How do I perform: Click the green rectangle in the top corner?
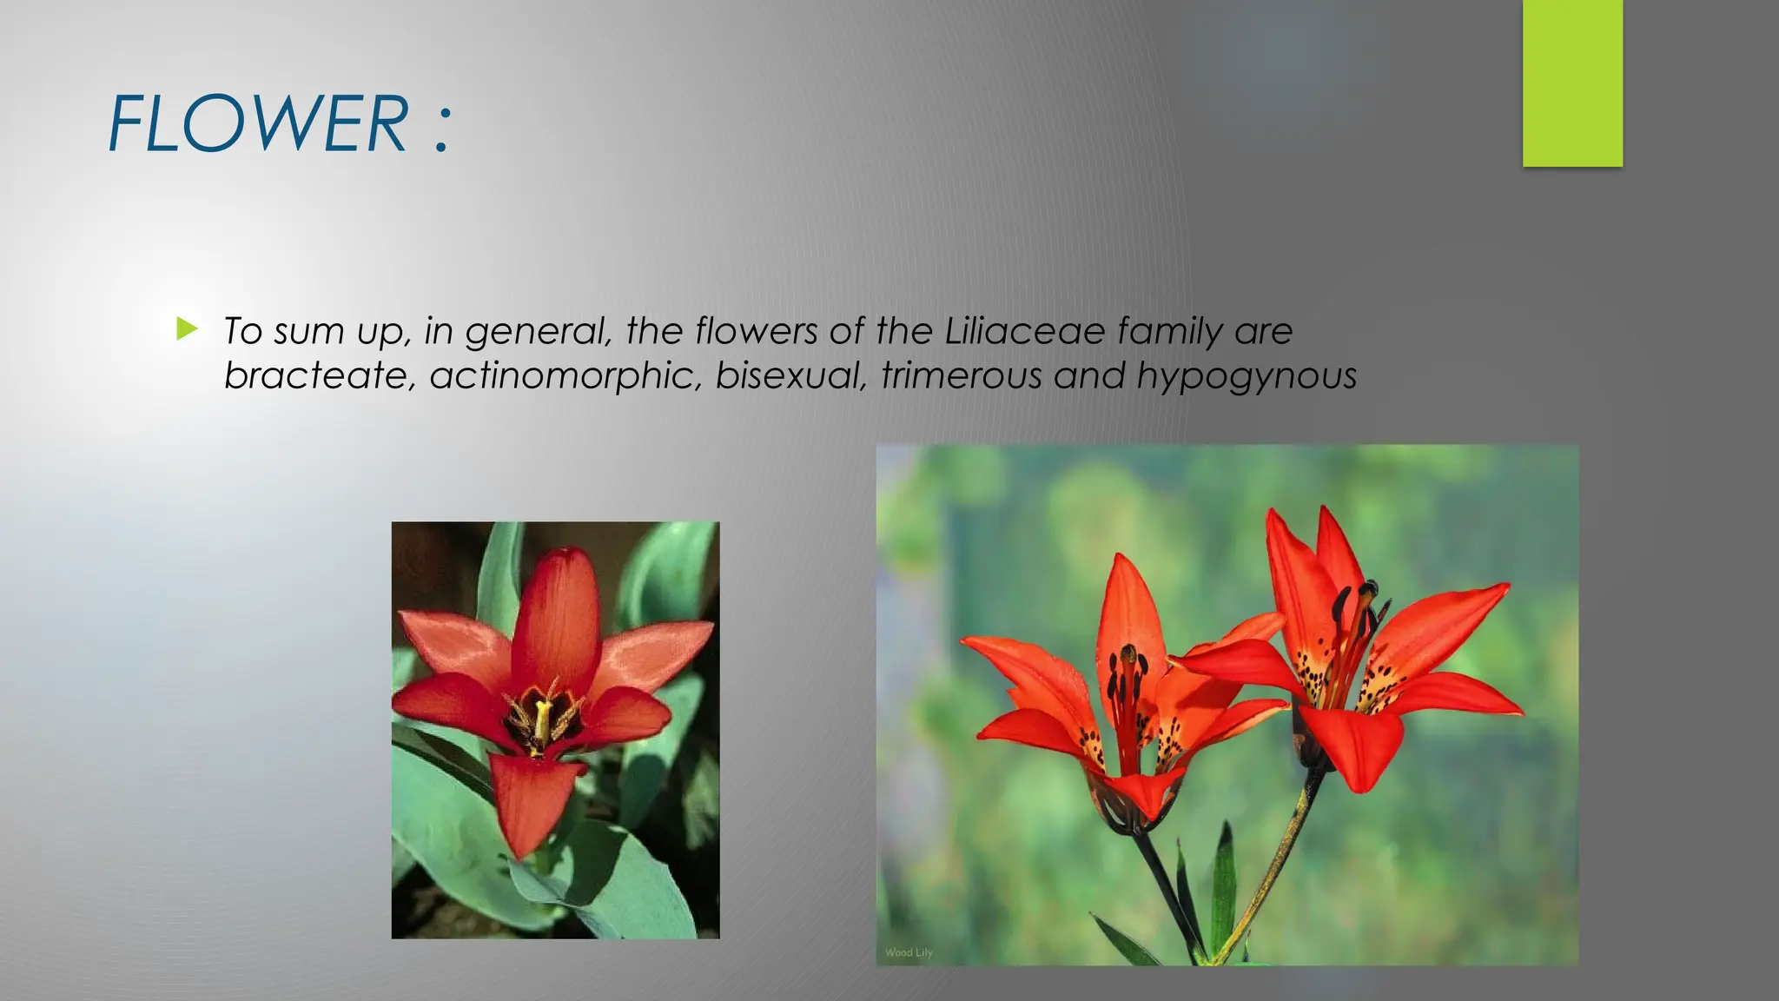pos(1572,83)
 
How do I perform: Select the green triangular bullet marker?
pos(187,328)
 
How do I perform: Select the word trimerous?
pos(961,375)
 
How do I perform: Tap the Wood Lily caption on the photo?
pos(909,952)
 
